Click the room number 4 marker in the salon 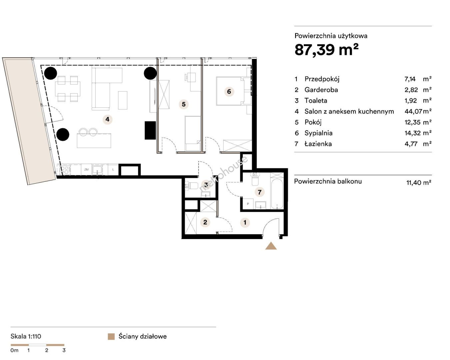pos(108,120)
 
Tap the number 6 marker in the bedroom pos(229,91)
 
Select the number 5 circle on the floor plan pos(184,104)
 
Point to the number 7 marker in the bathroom pos(259,192)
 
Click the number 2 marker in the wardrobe pos(205,222)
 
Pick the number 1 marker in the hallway pos(245,222)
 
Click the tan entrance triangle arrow pos(271,246)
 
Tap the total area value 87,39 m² pos(326,50)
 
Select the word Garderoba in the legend pos(321,90)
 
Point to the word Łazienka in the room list pos(318,144)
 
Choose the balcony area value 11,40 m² pos(419,183)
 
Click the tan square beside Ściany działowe pos(111,337)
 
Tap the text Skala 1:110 pos(26,336)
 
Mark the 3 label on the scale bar pos(64,350)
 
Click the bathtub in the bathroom pos(277,193)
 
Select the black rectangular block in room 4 pos(150,130)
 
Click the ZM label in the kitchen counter pos(86,170)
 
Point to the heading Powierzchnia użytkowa pos(331,36)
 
